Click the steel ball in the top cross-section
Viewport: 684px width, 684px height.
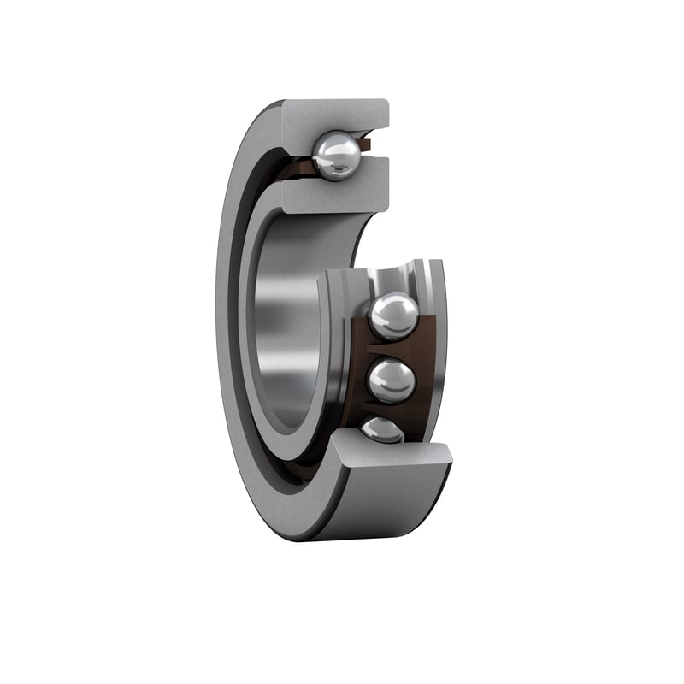336,156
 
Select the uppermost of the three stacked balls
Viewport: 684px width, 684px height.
393,315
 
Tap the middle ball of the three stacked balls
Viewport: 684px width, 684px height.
392,380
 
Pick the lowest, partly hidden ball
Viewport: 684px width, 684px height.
382,430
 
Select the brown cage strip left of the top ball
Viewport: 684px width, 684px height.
295,167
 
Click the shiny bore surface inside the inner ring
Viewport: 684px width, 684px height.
282,325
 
